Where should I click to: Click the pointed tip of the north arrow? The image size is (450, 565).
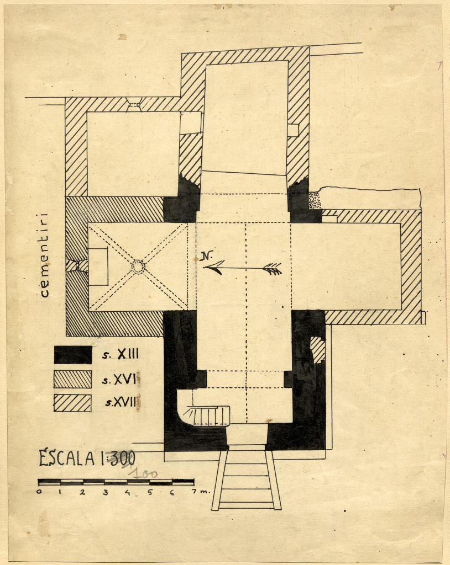coord(203,268)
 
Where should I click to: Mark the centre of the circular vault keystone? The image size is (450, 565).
coord(138,266)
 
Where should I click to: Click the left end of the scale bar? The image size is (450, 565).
coord(38,482)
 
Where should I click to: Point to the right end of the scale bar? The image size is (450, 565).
coord(194,481)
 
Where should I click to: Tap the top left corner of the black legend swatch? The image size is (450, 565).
coord(54,347)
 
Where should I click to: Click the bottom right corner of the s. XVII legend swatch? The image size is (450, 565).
coord(91,412)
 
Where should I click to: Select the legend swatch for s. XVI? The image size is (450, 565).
coord(72,379)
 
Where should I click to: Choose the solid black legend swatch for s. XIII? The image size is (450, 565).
coord(73,355)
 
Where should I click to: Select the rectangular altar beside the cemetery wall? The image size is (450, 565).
coord(98,267)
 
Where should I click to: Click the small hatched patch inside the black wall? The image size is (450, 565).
coord(318,350)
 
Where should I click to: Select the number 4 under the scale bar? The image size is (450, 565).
coord(127,492)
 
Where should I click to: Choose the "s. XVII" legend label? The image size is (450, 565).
coord(122,402)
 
